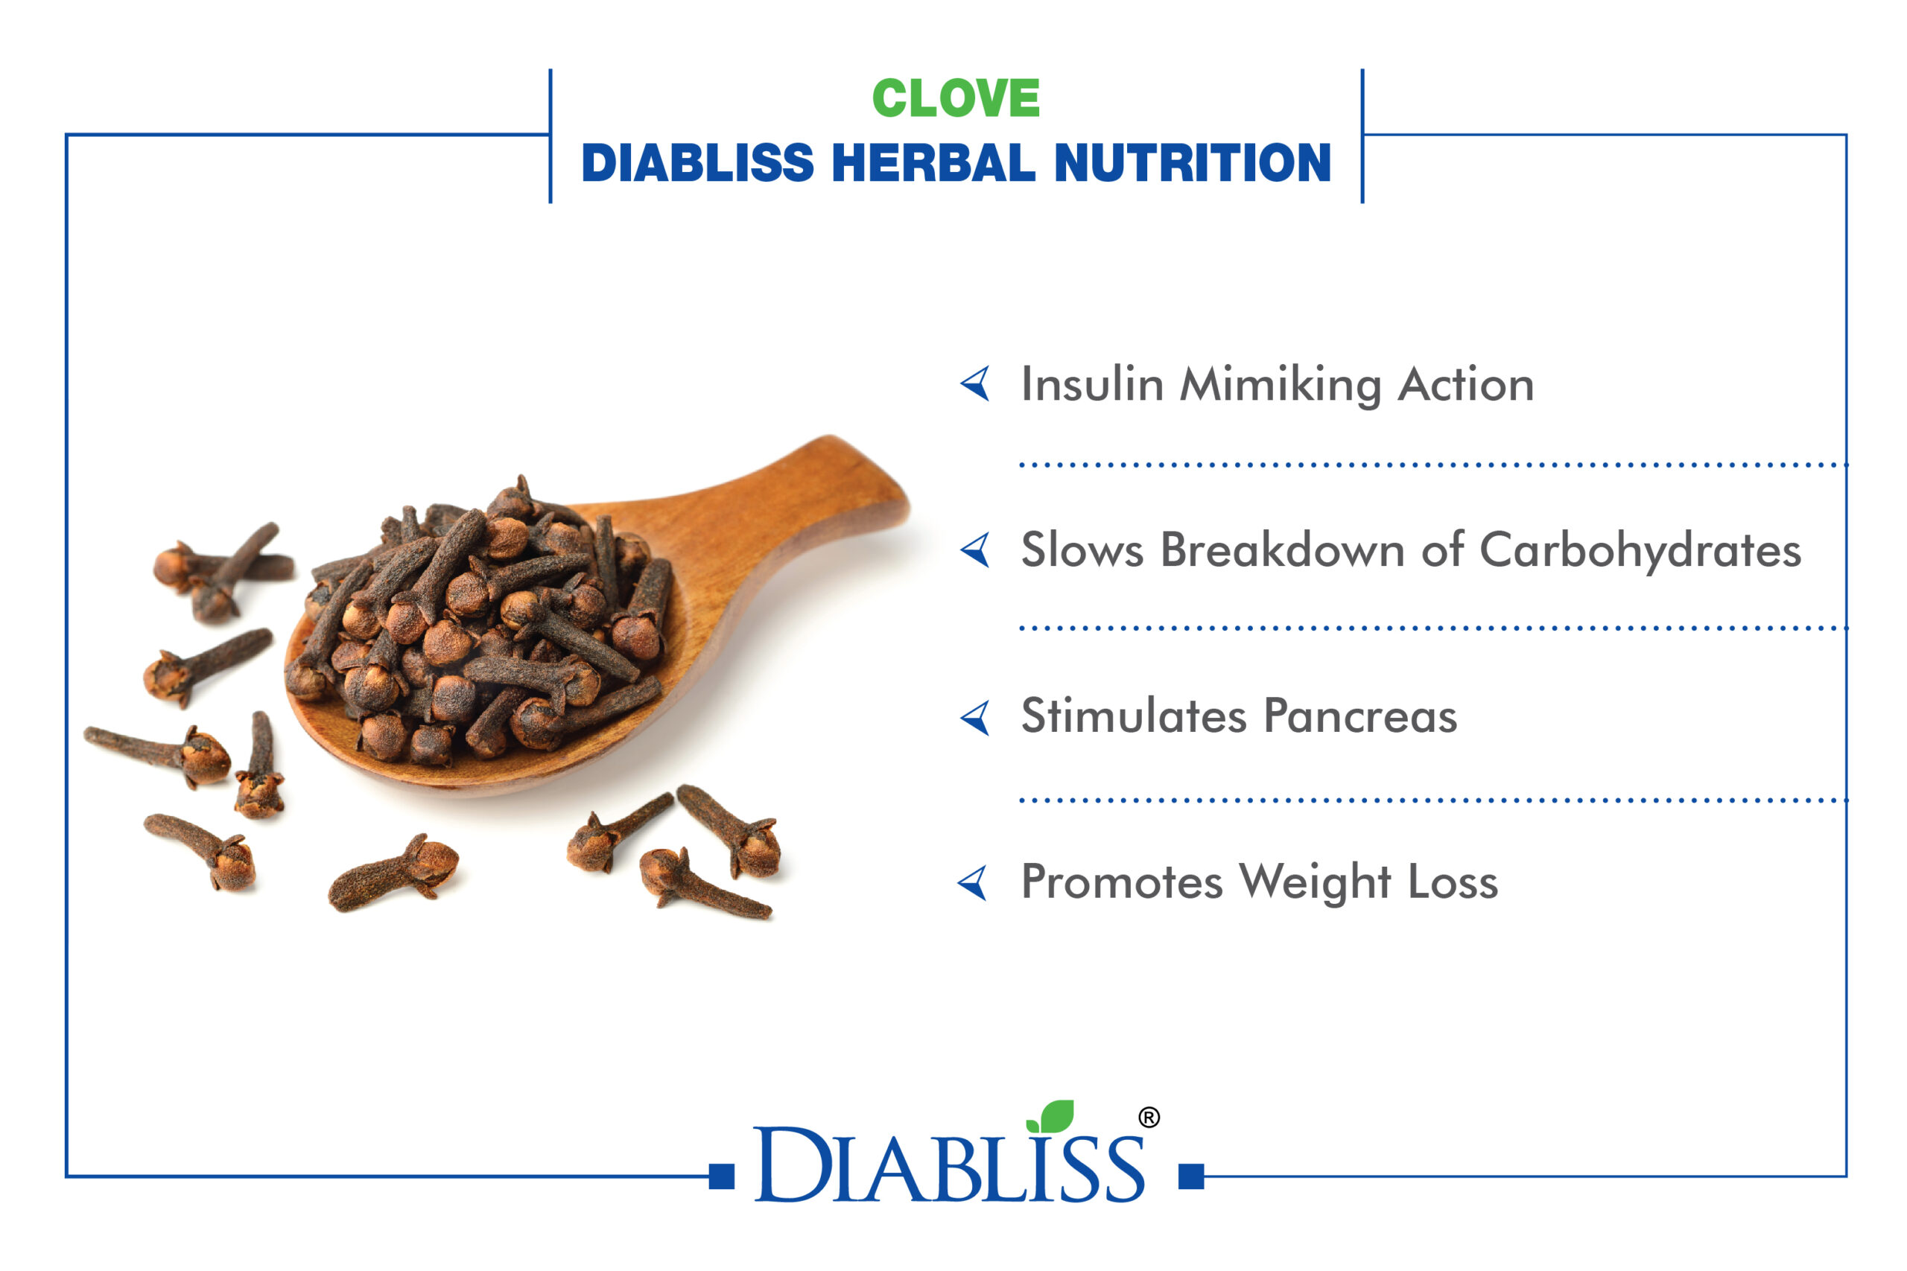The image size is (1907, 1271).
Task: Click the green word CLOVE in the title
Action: click(956, 98)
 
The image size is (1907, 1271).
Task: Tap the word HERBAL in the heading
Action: click(933, 163)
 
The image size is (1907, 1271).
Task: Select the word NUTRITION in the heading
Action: click(1192, 163)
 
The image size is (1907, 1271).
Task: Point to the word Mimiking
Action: click(1281, 386)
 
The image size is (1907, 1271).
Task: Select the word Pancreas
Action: click(1360, 716)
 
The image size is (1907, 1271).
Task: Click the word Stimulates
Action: click(1134, 716)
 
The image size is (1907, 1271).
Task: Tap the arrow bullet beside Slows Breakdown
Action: click(975, 550)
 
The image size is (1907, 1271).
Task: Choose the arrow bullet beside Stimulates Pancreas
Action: click(975, 717)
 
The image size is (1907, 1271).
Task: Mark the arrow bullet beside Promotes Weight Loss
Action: click(973, 883)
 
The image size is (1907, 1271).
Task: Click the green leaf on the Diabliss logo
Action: click(1052, 1117)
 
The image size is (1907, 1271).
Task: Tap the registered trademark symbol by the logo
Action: click(1149, 1118)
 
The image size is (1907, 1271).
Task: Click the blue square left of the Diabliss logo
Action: click(722, 1176)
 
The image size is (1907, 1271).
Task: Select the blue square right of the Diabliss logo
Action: click(1191, 1176)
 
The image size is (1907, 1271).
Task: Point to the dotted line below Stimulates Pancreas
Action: click(1433, 800)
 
